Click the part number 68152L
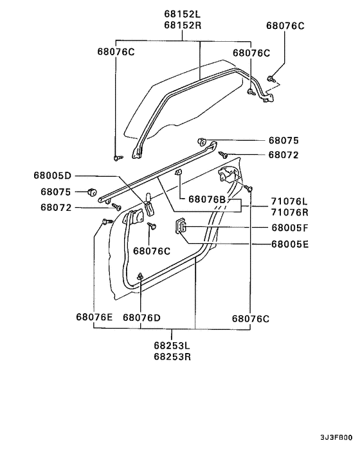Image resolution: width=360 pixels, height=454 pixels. tap(182, 14)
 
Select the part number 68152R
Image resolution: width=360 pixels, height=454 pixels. tap(182, 25)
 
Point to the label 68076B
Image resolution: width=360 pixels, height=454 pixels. tap(208, 200)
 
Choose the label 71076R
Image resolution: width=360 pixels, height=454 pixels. tap(289, 212)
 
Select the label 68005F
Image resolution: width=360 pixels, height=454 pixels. tap(290, 228)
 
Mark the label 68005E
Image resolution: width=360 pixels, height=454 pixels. tap(290, 244)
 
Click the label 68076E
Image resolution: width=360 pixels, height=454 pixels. tap(94, 317)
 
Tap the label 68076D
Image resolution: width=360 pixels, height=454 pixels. tap(141, 317)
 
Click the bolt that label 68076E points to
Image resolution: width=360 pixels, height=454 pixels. tap(105, 222)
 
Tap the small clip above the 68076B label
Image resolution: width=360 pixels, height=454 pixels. tap(180, 173)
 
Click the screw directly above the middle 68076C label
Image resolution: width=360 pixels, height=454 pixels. tap(152, 226)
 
